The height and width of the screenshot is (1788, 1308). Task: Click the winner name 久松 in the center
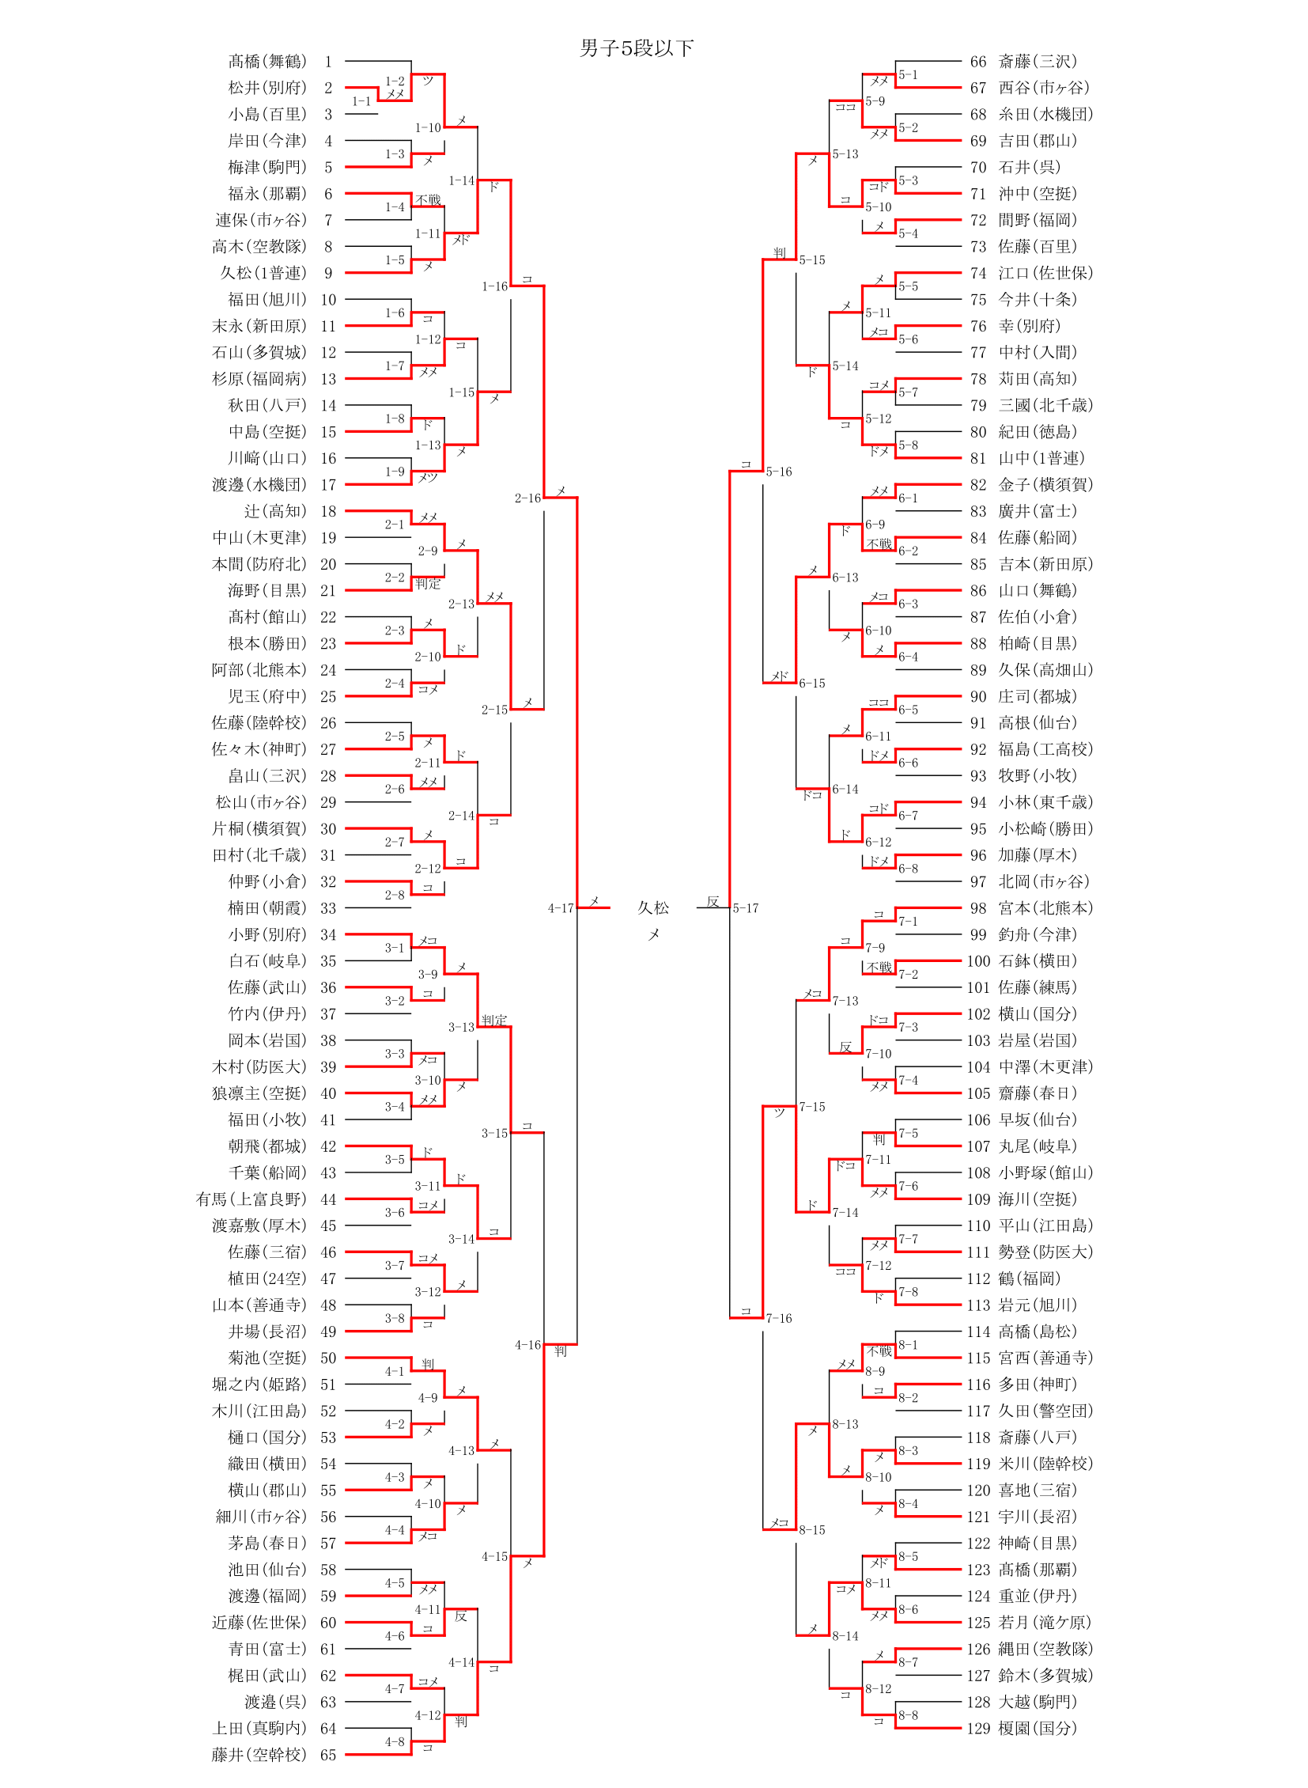tap(653, 908)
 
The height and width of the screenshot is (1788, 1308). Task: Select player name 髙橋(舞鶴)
tap(267, 61)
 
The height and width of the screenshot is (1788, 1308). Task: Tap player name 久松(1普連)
tap(262, 272)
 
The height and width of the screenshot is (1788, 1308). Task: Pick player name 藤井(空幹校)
tap(258, 1755)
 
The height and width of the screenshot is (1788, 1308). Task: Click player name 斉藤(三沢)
tap(1038, 61)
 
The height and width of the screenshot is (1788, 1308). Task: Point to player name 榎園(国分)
tap(1038, 1728)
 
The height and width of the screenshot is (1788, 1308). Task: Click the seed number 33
tap(328, 908)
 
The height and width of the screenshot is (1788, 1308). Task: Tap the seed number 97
tap(978, 881)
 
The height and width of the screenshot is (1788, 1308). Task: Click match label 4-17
tap(561, 908)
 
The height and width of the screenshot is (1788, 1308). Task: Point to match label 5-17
tap(745, 908)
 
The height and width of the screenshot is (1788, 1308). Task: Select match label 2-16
tap(527, 498)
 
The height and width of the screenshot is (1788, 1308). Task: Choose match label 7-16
tap(778, 1318)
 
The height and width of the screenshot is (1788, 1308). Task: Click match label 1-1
tap(361, 101)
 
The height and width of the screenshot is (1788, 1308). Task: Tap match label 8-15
tap(811, 1530)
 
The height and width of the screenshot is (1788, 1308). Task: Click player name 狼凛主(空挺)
tap(258, 1093)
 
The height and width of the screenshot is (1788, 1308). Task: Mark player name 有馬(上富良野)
tap(250, 1199)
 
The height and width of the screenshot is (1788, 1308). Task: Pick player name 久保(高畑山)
tap(1045, 670)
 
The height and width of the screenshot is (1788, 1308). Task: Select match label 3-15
tap(494, 1134)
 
